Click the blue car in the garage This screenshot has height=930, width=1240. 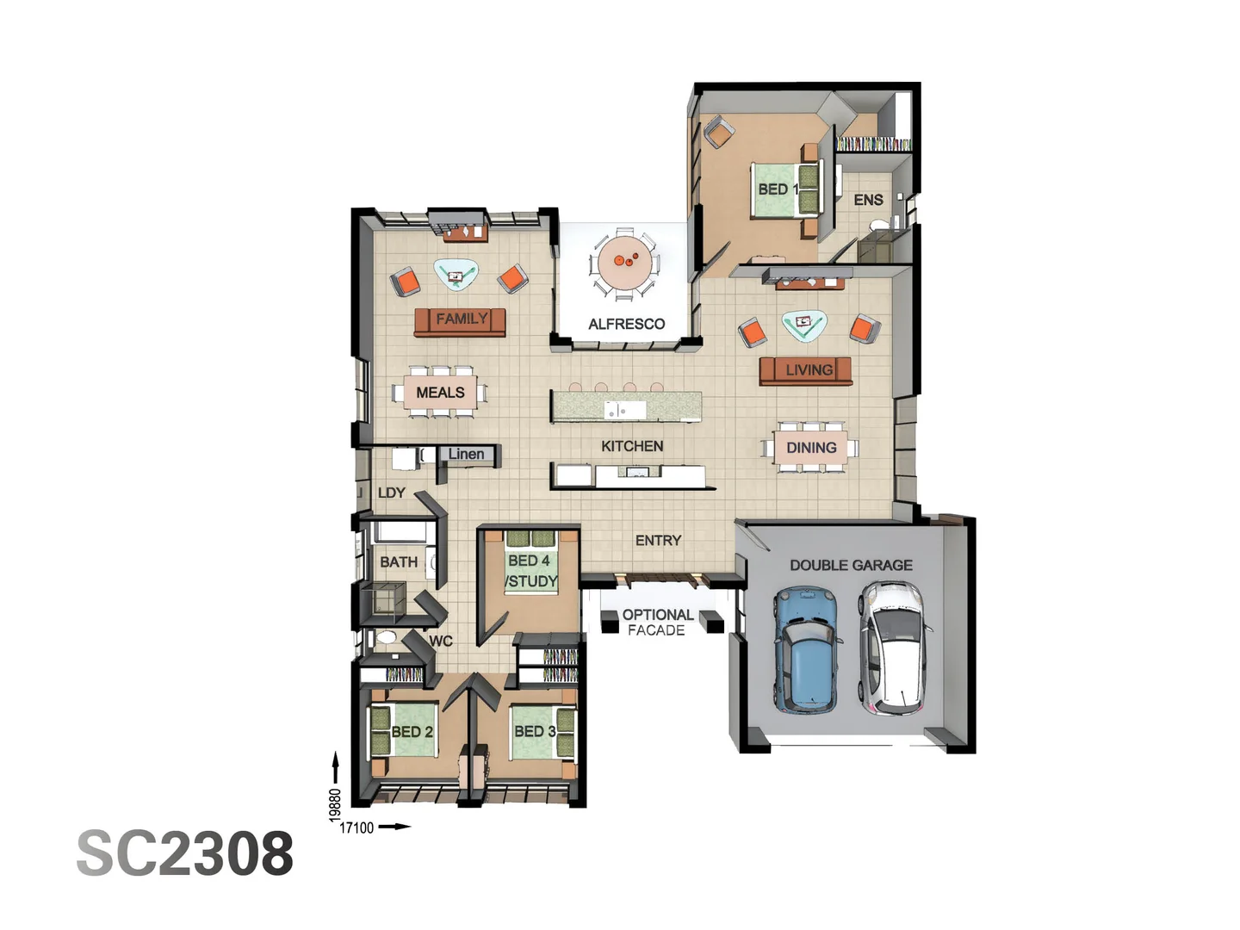coord(806,651)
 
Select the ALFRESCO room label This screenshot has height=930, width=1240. coord(626,324)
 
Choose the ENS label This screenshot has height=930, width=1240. coord(868,200)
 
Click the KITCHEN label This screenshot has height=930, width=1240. coord(632,446)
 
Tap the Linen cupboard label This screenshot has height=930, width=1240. coord(466,454)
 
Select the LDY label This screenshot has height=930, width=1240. coord(392,493)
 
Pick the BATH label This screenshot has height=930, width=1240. coord(399,561)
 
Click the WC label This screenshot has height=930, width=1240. coord(441,641)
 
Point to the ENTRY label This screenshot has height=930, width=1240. coord(658,540)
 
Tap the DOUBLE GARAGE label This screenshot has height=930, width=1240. coord(851,565)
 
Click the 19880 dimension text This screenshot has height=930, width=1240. coord(335,805)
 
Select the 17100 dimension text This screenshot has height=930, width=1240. coord(356,828)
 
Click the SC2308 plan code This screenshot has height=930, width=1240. coord(185,853)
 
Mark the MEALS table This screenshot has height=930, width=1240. coord(440,393)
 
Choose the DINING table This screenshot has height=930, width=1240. coord(810,447)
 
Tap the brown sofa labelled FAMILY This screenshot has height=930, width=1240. coord(460,321)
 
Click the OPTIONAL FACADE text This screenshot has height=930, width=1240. coord(657,622)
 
